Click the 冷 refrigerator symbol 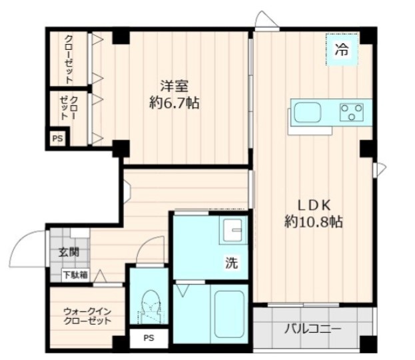341,49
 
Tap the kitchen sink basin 307,112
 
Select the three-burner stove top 351,112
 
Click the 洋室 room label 174,86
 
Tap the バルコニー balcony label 312,329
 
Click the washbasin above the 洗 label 233,232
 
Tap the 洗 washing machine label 230,263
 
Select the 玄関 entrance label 68,253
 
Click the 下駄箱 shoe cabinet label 74,275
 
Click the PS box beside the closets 57,139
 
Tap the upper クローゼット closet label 69,59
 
